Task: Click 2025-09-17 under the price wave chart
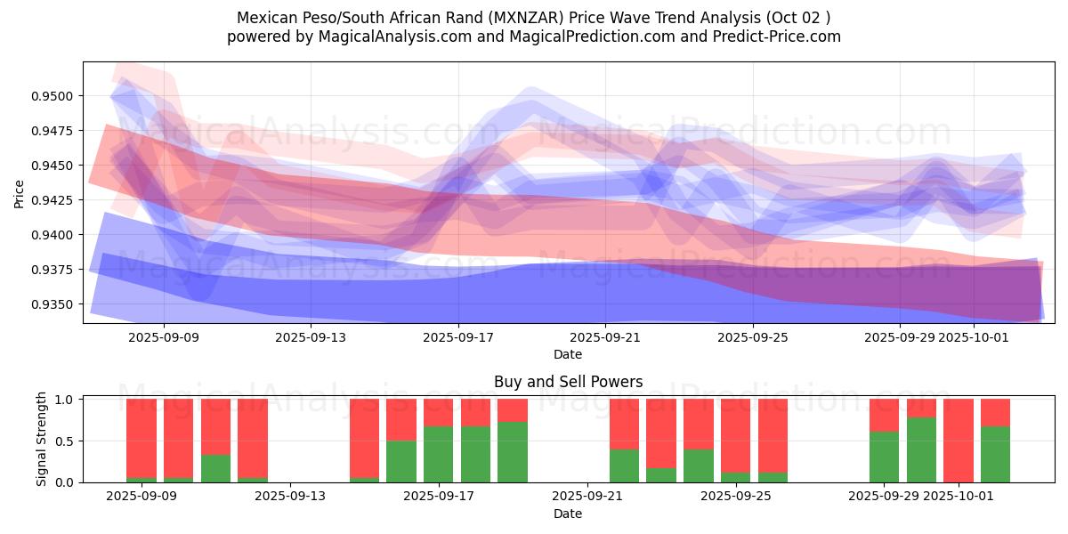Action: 457,337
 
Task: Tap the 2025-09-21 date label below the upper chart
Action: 605,337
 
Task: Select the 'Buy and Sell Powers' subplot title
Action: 568,383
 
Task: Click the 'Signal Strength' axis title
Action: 42,440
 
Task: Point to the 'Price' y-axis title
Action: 20,193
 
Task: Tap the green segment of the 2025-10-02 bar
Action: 995,454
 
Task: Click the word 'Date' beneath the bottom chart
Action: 568,514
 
